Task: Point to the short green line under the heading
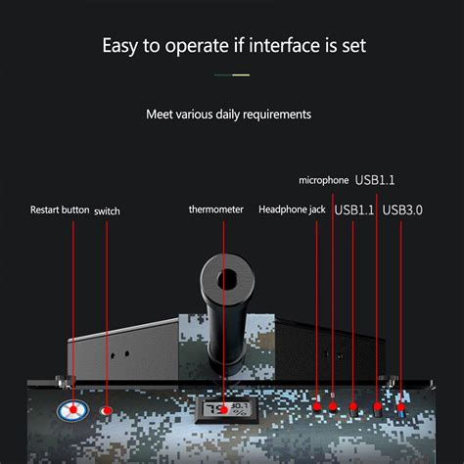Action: (232, 74)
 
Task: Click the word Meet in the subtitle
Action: (161, 115)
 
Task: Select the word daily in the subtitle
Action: (220, 115)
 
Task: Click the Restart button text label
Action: (59, 209)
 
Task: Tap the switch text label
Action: (108, 209)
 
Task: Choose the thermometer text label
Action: (215, 209)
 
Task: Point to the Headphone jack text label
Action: (292, 209)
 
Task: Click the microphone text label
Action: (324, 180)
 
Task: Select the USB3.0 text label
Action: (402, 209)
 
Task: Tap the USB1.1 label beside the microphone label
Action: (375, 179)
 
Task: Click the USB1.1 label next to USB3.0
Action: (353, 209)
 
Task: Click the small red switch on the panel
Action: (107, 410)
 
